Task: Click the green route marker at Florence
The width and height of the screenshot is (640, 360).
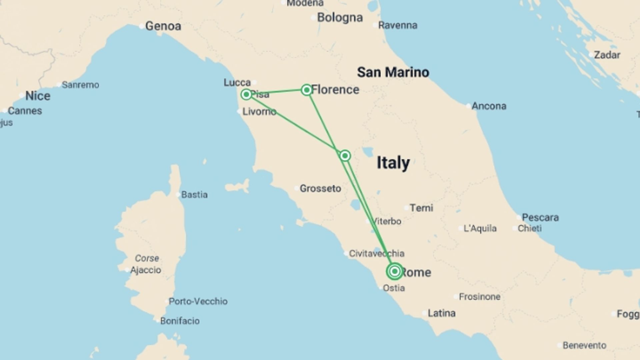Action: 306,90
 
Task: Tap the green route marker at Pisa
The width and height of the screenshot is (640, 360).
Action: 246,94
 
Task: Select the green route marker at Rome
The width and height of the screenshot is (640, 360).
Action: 395,271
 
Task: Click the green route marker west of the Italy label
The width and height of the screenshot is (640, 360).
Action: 345,156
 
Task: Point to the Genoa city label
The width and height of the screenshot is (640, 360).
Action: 163,26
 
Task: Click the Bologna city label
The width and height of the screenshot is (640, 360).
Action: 340,17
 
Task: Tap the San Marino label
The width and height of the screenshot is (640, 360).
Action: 393,72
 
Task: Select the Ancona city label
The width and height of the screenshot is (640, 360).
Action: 489,106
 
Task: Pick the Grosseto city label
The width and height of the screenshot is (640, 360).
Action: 320,188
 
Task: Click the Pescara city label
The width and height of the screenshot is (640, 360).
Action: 540,217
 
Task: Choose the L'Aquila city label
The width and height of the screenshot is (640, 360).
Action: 480,228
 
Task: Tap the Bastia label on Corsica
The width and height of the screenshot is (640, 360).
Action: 194,194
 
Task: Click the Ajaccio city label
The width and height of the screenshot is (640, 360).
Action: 146,270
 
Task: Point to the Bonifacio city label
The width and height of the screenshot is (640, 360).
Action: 180,321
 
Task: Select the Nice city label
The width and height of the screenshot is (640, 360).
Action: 38,96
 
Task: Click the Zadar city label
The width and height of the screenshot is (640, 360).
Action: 607,55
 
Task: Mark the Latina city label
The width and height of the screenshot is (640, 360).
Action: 441,313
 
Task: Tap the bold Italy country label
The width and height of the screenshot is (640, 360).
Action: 393,163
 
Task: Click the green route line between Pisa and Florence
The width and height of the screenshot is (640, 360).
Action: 277,92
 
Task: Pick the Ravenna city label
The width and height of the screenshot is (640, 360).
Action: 397,25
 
